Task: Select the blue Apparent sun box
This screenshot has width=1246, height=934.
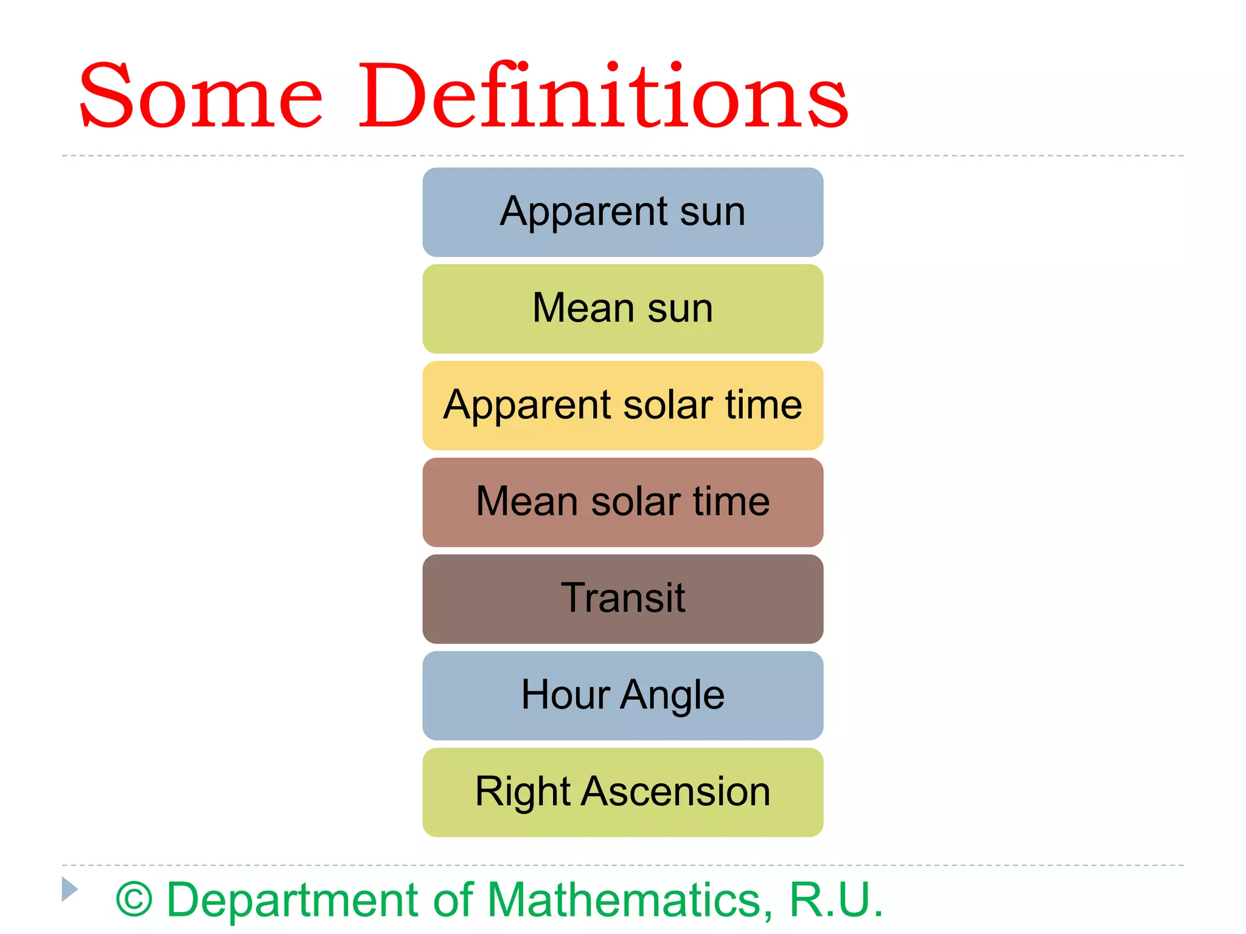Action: pyautogui.click(x=622, y=212)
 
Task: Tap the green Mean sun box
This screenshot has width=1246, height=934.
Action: pyautogui.click(x=622, y=309)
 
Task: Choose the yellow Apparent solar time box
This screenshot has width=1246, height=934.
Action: pyautogui.click(x=622, y=406)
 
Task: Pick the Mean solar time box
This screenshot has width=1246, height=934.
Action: pyautogui.click(x=622, y=502)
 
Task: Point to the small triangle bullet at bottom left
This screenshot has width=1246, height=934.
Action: pyautogui.click(x=69, y=889)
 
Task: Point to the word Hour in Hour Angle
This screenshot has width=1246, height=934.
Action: pyautogui.click(x=565, y=694)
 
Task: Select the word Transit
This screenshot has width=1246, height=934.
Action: pyautogui.click(x=622, y=598)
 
